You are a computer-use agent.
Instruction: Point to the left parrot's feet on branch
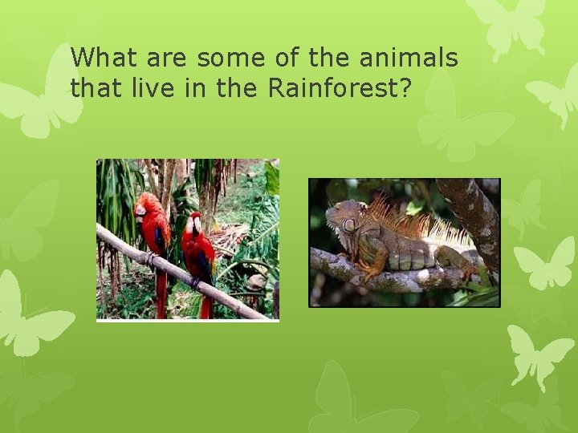[150, 258]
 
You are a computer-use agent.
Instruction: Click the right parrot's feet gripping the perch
[194, 281]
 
